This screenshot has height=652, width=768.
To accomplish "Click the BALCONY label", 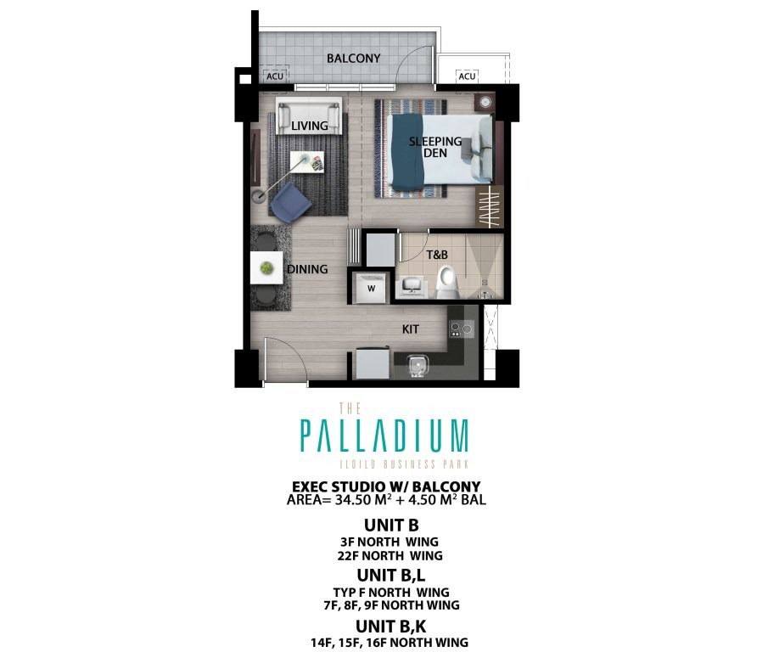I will (353, 59).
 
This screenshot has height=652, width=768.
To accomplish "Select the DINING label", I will (307, 269).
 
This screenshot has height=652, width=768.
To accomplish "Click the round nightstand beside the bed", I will (485, 103).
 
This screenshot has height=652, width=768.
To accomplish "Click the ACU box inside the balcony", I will (274, 76).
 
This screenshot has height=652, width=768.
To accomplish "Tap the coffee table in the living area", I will (305, 161).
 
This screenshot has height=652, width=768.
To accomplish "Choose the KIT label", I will (411, 329).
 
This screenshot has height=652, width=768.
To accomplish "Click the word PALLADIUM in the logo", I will (384, 436).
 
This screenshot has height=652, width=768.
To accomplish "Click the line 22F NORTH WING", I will (384, 556).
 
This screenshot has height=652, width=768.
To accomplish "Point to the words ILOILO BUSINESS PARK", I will (384, 464).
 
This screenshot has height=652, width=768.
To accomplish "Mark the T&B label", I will (436, 255).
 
